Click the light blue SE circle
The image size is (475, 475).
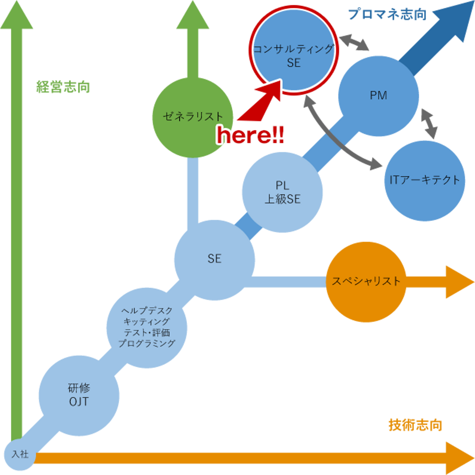pos(214,259)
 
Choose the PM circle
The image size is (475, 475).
pos(379,96)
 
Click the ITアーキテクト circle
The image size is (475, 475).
pos(425,180)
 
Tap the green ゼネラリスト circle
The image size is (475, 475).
pos(193,117)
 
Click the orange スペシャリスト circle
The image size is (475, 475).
pos(366,282)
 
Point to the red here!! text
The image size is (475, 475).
pos(250,135)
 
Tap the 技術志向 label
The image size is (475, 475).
pos(415,425)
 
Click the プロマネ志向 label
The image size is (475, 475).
pos(387,15)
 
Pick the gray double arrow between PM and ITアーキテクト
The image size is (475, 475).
pos(430,123)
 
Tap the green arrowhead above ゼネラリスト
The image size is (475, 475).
pos(193,16)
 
